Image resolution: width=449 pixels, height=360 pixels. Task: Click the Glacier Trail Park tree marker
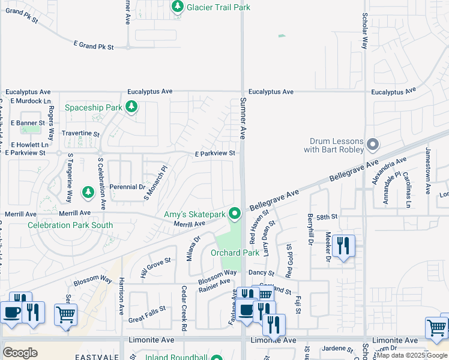pyautogui.click(x=177, y=7)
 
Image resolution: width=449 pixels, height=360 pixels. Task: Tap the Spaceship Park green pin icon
pyautogui.click(x=132, y=107)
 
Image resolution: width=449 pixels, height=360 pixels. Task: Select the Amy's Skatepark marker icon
pyautogui.click(x=235, y=214)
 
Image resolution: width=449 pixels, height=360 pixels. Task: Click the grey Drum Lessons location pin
pyautogui.click(x=373, y=144)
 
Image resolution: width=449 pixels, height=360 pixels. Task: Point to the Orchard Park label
pyautogui.click(x=235, y=253)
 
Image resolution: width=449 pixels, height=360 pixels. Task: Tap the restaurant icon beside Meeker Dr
pyautogui.click(x=343, y=246)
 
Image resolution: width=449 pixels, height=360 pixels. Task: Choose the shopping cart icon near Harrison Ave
pyautogui.click(x=65, y=314)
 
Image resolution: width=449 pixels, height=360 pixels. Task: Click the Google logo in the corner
pyautogui.click(x=20, y=352)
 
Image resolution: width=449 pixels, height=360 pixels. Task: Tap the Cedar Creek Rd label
pyautogui.click(x=184, y=308)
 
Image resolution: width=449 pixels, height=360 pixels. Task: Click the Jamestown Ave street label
pyautogui.click(x=428, y=171)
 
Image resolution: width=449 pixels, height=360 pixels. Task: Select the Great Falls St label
pyautogui.click(x=146, y=315)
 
